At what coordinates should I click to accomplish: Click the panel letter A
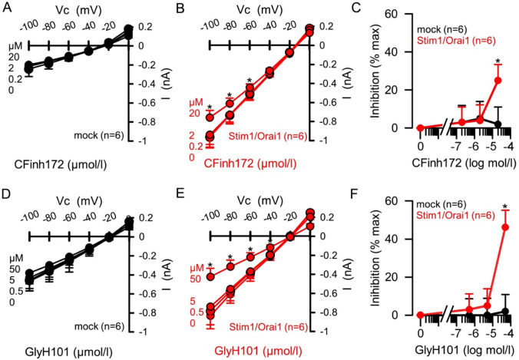point(6,7)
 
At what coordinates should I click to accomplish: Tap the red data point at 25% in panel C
point(498,80)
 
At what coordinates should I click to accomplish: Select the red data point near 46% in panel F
point(504,227)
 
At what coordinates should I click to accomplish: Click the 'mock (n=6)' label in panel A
point(101,134)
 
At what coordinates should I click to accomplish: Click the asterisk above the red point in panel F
point(504,206)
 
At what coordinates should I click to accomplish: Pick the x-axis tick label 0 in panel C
point(420,145)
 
